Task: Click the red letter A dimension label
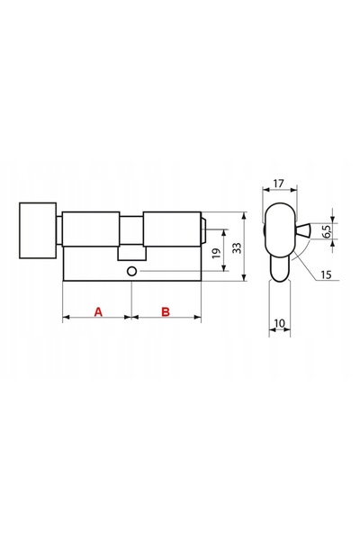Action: [98, 311]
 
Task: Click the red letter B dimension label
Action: [166, 311]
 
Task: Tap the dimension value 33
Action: [237, 248]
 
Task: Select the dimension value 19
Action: [216, 254]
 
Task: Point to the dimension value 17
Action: [278, 184]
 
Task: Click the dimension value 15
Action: [326, 274]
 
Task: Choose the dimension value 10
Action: [279, 323]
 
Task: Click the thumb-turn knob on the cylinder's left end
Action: [38, 230]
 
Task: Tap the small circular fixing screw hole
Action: [131, 271]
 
